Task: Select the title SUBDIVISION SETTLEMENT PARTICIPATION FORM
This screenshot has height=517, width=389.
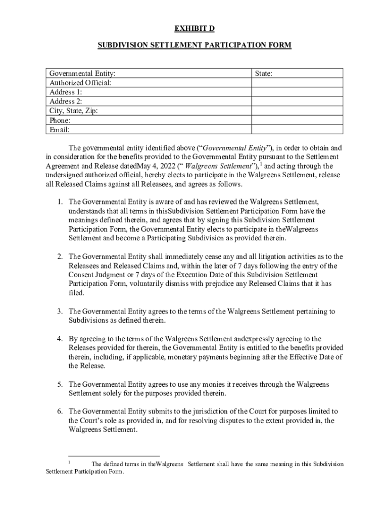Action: pyautogui.click(x=194, y=45)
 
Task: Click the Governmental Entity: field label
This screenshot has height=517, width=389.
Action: pyautogui.click(x=85, y=73)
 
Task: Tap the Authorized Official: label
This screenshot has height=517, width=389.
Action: pyautogui.click(x=80, y=83)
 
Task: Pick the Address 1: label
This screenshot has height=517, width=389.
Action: pyautogui.click(x=66, y=92)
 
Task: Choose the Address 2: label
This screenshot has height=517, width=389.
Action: pyautogui.click(x=66, y=101)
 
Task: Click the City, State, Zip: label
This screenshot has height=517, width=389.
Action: pyautogui.click(x=74, y=111)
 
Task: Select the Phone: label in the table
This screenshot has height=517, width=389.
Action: pyautogui.click(x=60, y=121)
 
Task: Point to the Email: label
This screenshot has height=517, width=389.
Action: pyautogui.click(x=59, y=130)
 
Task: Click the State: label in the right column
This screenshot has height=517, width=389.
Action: pyautogui.click(x=264, y=73)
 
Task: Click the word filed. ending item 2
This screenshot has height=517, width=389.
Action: pyautogui.click(x=77, y=293)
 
